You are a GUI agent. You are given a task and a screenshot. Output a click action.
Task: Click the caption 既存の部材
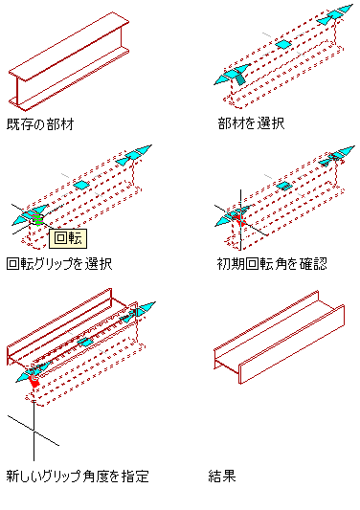click(x=40, y=124)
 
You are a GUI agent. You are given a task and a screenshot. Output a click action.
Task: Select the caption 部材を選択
click(x=251, y=123)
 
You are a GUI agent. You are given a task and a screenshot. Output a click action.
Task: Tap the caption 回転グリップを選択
click(x=59, y=264)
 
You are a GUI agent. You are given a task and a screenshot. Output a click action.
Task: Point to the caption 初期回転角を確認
click(x=272, y=264)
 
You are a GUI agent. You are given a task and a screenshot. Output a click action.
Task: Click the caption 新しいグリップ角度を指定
click(x=78, y=477)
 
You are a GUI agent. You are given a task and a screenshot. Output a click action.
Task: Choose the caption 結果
click(x=222, y=477)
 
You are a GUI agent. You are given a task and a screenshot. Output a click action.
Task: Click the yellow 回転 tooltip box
click(x=68, y=238)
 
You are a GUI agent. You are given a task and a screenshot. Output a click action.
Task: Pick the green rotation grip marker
click(x=37, y=219)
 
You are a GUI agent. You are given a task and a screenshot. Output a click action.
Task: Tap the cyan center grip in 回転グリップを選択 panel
click(x=81, y=185)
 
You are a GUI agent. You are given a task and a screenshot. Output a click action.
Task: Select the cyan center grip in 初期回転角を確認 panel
click(x=284, y=186)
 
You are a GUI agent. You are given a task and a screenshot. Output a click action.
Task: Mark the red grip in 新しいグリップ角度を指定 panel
click(x=34, y=381)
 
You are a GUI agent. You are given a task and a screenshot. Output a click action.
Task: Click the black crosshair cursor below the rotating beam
click(x=34, y=431)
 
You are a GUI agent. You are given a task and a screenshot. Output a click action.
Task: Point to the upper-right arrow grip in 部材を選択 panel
click(x=335, y=14)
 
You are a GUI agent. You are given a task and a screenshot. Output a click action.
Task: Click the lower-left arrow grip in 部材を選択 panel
click(x=232, y=75)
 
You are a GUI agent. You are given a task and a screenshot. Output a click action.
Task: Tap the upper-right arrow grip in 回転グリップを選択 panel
click(x=134, y=155)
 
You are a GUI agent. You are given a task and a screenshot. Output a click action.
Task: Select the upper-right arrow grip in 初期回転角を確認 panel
click(x=337, y=156)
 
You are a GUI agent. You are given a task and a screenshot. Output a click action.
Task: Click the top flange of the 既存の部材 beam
click(x=69, y=46)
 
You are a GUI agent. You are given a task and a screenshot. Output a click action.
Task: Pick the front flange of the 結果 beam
click(x=292, y=344)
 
